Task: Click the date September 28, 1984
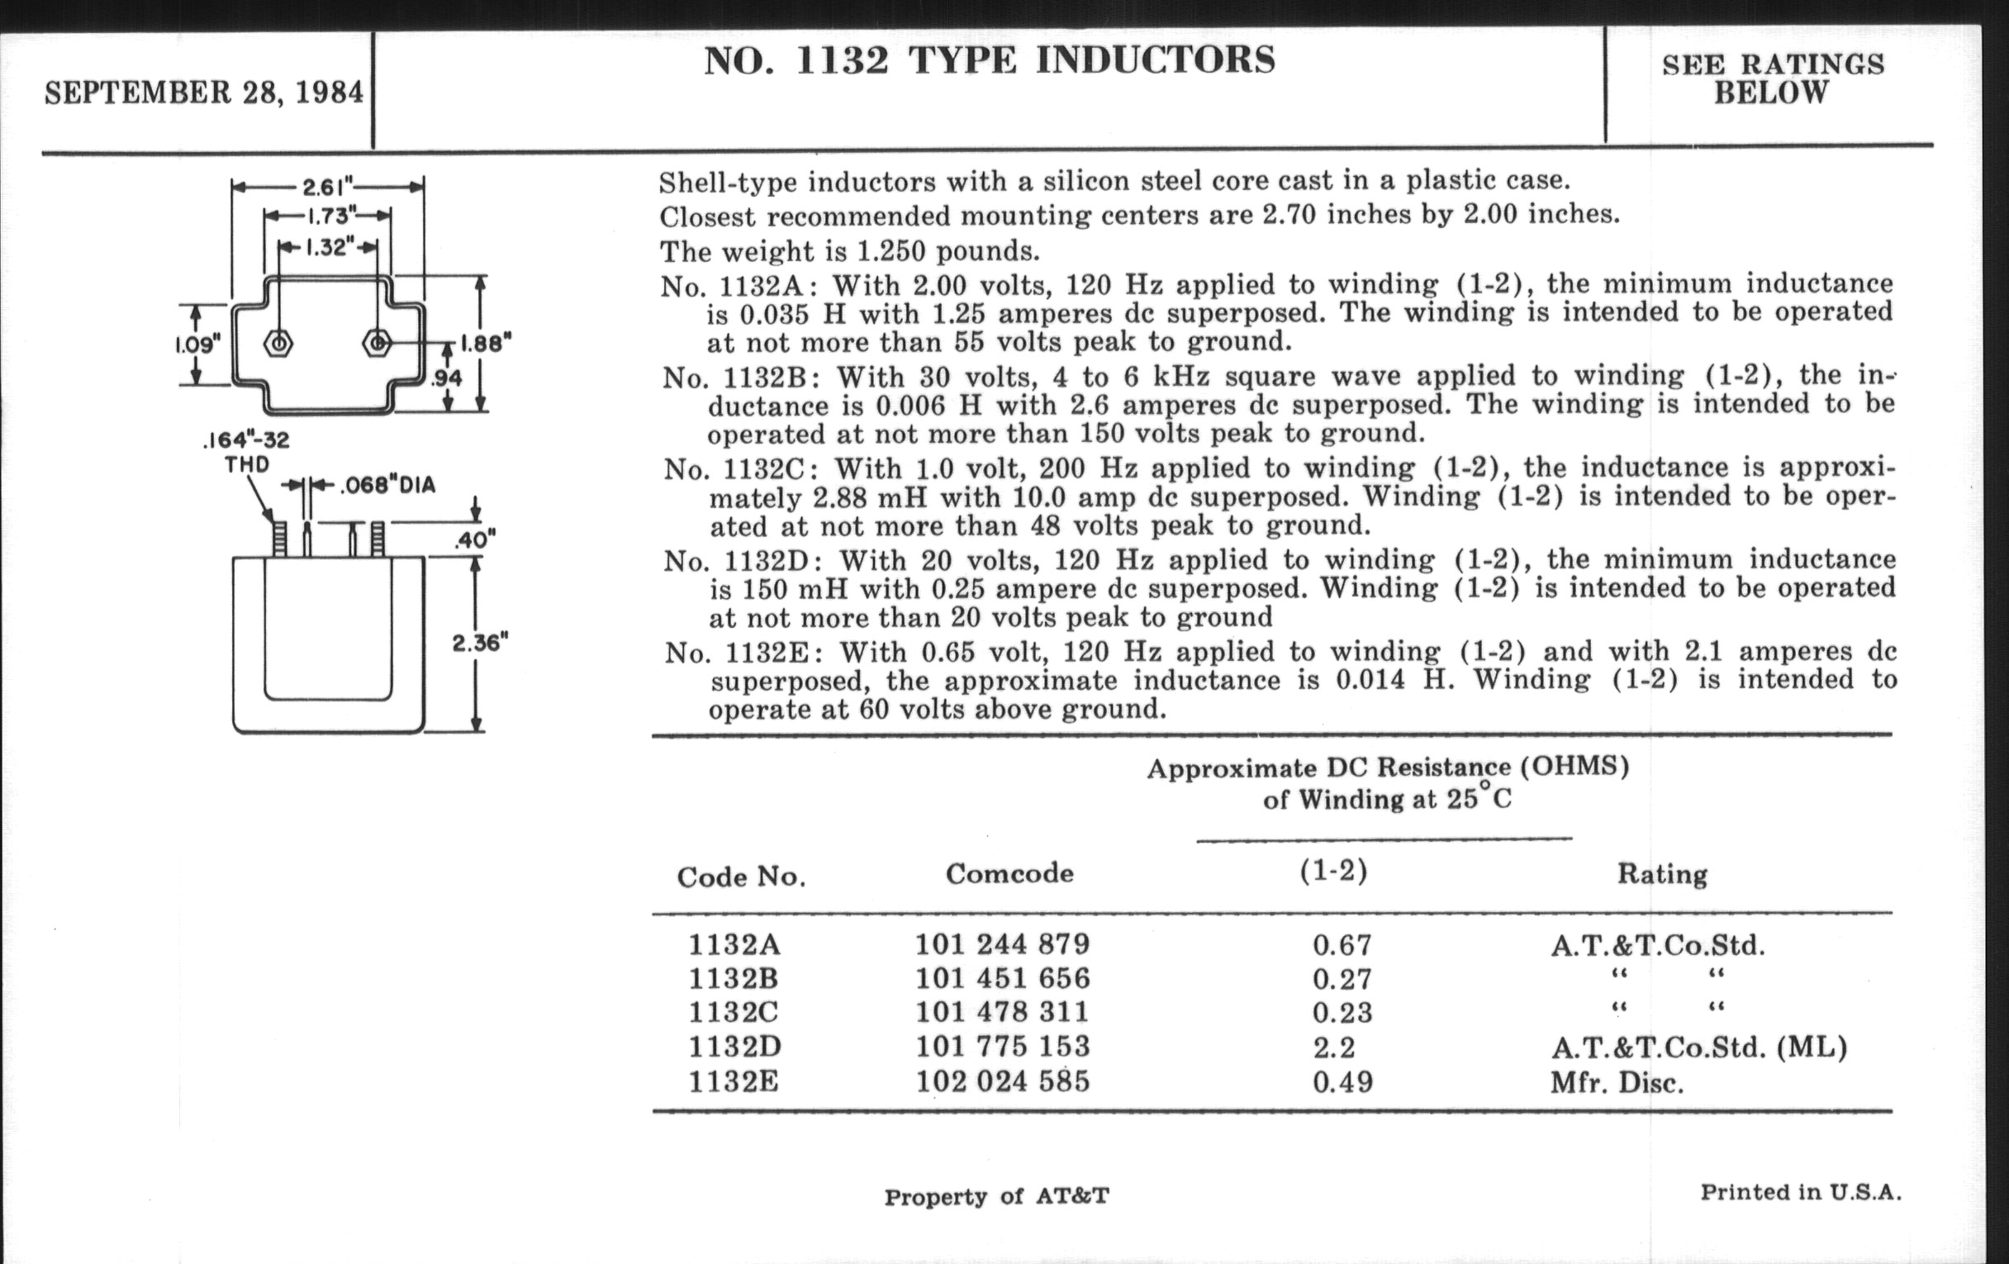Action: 204,92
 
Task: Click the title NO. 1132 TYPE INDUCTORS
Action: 990,61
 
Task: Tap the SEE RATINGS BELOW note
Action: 1772,78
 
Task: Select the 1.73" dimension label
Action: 328,217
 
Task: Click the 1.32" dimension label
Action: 328,248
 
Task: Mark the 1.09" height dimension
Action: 197,344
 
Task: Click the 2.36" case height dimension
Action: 480,644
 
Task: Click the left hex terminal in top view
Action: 278,344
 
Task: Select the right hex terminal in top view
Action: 378,343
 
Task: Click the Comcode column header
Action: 1009,873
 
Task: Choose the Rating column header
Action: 1662,873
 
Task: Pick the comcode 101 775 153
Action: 1002,1046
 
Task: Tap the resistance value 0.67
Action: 1342,945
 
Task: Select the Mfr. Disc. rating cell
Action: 1616,1083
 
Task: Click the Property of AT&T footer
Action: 996,1196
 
